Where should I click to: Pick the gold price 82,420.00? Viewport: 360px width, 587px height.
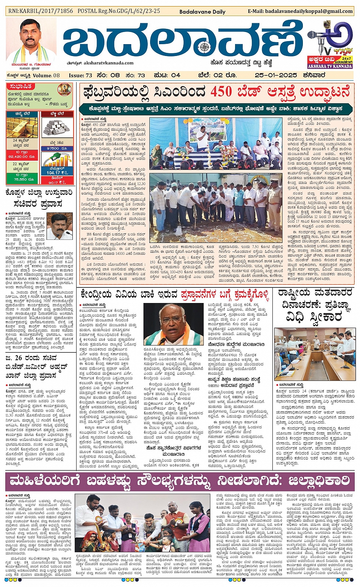pos(22,156)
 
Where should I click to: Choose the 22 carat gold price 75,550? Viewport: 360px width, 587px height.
pos(22,179)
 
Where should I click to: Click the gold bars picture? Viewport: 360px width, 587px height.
pos(22,128)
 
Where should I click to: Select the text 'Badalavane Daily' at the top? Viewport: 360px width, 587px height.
pos(202,12)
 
